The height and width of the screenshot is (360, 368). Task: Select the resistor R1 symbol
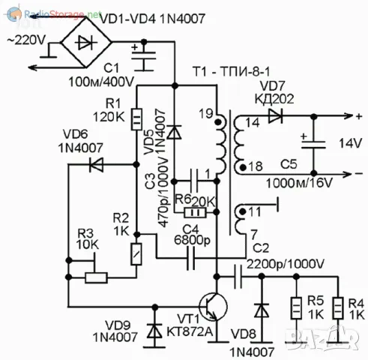[136, 119]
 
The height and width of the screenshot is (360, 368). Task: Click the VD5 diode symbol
[175, 132]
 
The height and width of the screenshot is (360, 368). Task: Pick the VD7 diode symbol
[275, 116]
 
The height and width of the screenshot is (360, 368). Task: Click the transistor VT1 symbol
[211, 308]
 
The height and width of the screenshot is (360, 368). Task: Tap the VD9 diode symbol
[155, 329]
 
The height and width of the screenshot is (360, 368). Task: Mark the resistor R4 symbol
[339, 308]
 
